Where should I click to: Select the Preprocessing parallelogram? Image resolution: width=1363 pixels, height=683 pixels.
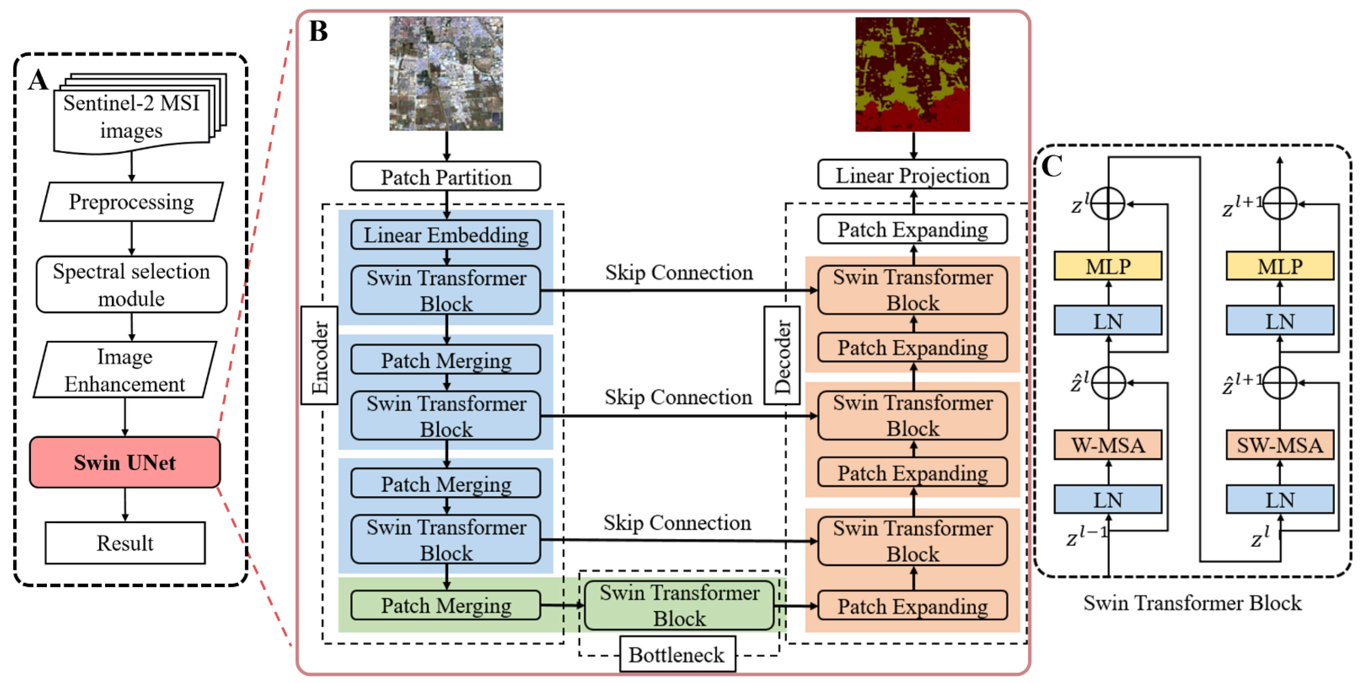point(132,202)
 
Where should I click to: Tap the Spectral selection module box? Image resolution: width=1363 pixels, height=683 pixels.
point(132,285)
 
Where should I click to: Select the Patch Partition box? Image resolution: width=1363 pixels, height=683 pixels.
point(446,177)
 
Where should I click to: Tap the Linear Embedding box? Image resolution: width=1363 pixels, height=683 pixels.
point(446,235)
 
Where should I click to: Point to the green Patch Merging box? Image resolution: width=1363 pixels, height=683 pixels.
point(446,605)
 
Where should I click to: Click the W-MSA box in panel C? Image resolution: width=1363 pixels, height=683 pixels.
point(1108,445)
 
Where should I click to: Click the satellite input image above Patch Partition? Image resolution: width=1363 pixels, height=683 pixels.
point(446,74)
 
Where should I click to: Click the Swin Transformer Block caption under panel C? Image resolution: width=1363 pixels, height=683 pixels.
point(1192,603)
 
